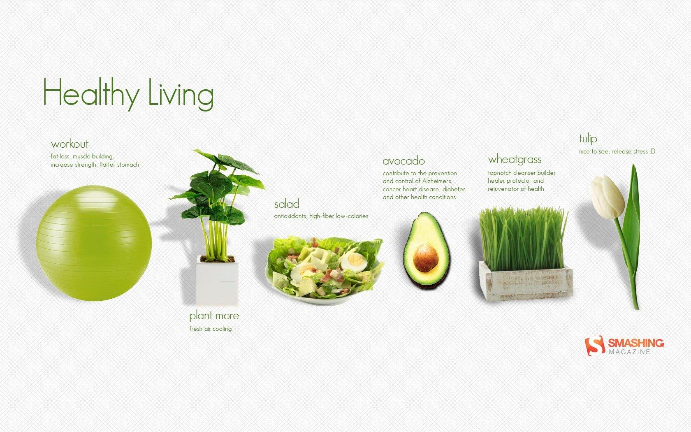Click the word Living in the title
(181, 94)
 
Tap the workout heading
(70, 144)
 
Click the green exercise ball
(94, 243)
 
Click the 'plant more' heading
(214, 316)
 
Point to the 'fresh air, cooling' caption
(211, 329)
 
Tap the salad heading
(287, 204)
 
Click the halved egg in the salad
(353, 262)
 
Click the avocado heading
(403, 161)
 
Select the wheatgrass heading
(515, 159)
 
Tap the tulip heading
(588, 139)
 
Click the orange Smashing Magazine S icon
(595, 345)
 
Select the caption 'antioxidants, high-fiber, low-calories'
(321, 216)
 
